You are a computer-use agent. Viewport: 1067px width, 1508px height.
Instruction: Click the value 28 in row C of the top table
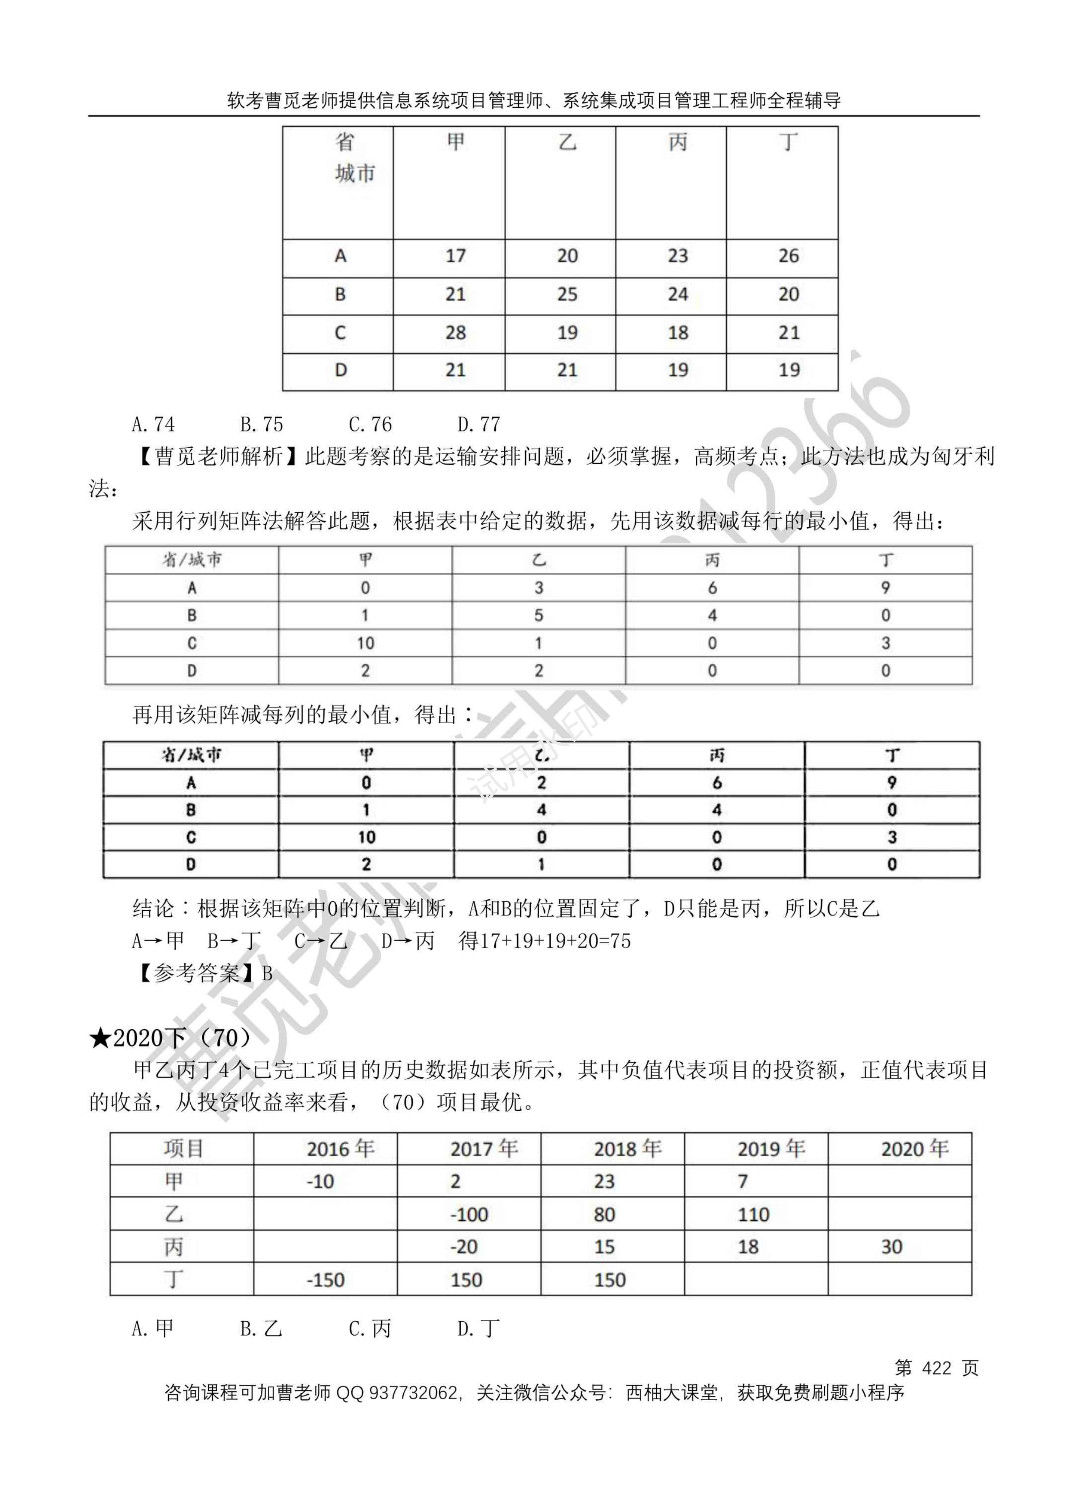pos(455,333)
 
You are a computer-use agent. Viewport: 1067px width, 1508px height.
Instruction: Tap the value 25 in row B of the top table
pos(567,294)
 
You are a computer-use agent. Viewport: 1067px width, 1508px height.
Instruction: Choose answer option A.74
pos(153,425)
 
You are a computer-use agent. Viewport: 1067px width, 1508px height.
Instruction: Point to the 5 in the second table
pos(539,615)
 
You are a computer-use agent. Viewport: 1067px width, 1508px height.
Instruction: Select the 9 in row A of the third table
pos(892,782)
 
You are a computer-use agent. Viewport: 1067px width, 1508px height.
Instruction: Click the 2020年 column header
pos(915,1148)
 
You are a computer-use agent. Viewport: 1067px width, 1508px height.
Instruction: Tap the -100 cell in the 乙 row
pos(469,1214)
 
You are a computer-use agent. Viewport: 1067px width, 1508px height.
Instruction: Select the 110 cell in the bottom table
pos(753,1214)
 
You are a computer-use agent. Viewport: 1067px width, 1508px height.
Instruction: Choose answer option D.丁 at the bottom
pos(478,1328)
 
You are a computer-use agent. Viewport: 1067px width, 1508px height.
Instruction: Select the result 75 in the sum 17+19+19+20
pos(620,941)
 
